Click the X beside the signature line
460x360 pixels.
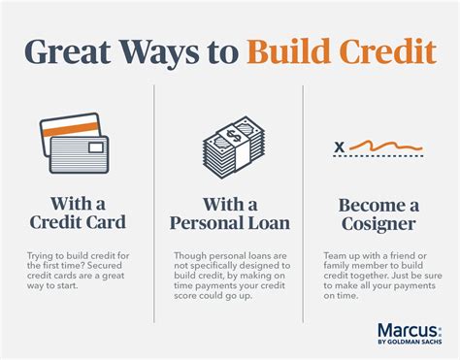(339, 148)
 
